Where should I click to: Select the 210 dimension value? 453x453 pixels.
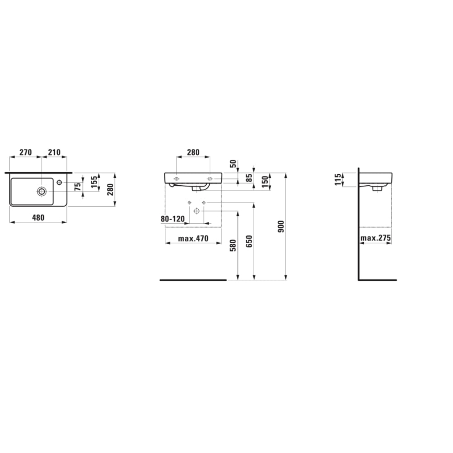(x=54, y=152)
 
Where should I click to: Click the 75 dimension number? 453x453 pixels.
(x=78, y=187)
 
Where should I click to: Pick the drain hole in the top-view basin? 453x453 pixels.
(x=41, y=192)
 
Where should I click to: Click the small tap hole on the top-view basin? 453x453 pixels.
(x=59, y=182)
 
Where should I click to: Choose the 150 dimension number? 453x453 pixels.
(x=265, y=182)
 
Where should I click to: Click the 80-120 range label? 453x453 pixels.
(x=173, y=219)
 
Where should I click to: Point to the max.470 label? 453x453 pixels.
(x=193, y=239)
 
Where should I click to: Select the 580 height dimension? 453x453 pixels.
(x=233, y=245)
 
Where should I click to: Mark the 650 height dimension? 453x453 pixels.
(x=249, y=242)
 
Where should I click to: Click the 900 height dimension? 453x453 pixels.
(x=281, y=225)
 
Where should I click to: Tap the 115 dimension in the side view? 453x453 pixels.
(x=338, y=179)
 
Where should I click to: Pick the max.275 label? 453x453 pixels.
(x=376, y=239)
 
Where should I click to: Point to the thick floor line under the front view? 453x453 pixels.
(x=193, y=280)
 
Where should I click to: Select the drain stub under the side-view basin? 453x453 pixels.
(x=375, y=188)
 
